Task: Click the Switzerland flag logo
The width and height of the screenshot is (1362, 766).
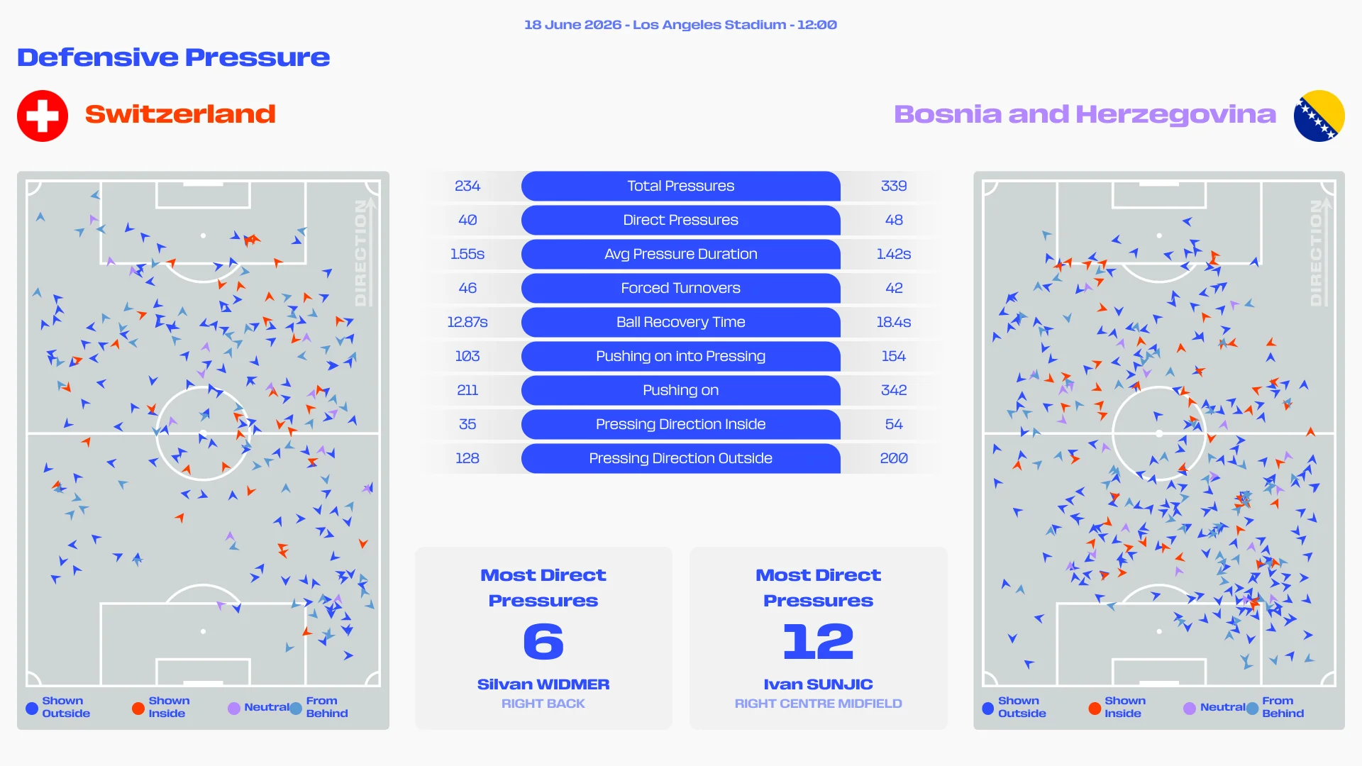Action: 43,116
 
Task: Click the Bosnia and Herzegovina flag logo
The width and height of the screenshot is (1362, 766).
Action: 1319,116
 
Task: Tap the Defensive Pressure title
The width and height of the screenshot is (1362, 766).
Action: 174,57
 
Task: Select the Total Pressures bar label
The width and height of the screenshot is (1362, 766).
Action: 680,186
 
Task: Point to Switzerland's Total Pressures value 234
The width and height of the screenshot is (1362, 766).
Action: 467,186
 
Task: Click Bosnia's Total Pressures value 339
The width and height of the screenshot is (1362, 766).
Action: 894,186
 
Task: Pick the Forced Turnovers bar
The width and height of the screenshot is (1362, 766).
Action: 680,288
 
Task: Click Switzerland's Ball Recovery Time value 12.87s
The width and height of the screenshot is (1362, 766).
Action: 467,322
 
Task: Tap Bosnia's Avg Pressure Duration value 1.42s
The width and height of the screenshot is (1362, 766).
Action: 894,254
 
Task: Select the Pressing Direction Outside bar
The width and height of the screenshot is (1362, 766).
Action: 680,458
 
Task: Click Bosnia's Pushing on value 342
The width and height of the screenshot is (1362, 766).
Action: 894,390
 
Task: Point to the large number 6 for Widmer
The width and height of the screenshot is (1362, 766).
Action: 543,641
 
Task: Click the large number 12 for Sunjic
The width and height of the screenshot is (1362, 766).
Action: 818,641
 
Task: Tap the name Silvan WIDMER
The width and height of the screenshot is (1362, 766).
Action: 543,684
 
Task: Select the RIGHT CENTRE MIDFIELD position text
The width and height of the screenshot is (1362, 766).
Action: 818,704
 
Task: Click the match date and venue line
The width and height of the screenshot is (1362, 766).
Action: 680,25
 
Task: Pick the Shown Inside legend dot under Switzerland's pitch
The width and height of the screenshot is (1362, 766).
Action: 138,708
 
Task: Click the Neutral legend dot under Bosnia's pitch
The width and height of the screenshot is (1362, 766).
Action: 1190,708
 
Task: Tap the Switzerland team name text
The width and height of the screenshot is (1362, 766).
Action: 180,114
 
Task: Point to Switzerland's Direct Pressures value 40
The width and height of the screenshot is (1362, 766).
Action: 467,220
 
